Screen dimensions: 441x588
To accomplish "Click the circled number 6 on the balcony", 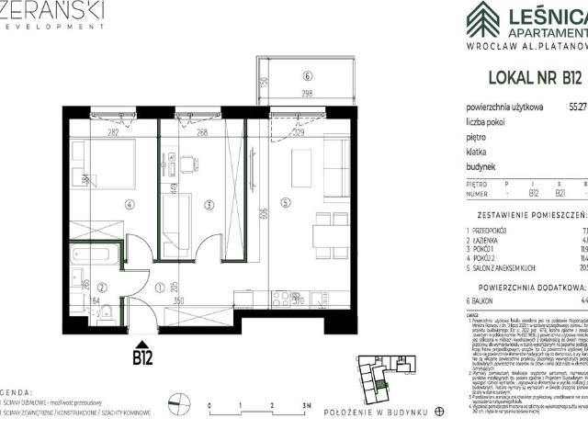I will (309, 76).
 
